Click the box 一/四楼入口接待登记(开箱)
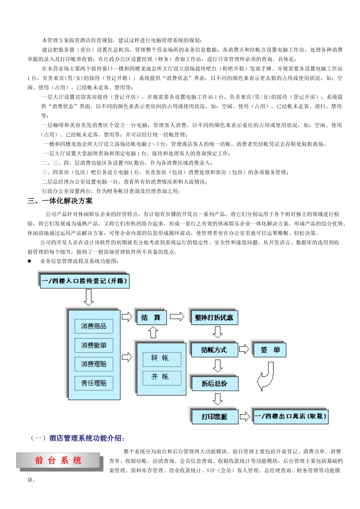pyautogui.click(x=85, y=281)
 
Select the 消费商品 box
pyautogui.click(x=94, y=326)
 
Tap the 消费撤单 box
pyautogui.click(x=94, y=345)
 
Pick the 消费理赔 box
pyautogui.click(x=94, y=364)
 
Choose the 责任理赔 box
pyautogui.click(x=94, y=383)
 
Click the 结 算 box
pyautogui.click(x=151, y=317)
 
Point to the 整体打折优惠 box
pyautogui.click(x=214, y=317)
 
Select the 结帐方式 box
pyautogui.click(x=214, y=350)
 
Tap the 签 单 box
pyautogui.click(x=270, y=350)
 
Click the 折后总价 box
pyautogui.click(x=214, y=383)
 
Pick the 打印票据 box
pyautogui.click(x=214, y=417)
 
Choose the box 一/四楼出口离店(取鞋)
pyautogui.click(x=290, y=417)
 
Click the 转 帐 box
pyautogui.click(x=162, y=358)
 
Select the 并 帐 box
pyautogui.click(x=162, y=377)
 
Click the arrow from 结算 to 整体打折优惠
pyautogui.click(x=177, y=317)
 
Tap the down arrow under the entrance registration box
pyautogui.click(x=88, y=297)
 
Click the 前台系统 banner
pyautogui.click(x=58, y=461)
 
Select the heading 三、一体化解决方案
pyautogui.click(x=60, y=201)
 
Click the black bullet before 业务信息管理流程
pyautogui.click(x=29, y=261)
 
